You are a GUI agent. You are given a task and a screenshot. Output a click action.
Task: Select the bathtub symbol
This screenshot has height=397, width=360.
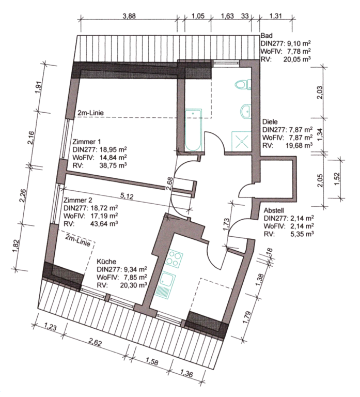point(193,130)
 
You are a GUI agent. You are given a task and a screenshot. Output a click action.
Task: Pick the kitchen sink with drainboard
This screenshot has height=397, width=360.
point(165,284)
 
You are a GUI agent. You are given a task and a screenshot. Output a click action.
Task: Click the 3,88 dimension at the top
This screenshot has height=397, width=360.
point(129,16)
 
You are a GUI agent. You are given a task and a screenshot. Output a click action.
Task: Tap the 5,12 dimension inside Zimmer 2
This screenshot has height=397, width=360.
point(127,196)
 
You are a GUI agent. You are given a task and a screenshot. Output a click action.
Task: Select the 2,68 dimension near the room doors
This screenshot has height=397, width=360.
point(169,184)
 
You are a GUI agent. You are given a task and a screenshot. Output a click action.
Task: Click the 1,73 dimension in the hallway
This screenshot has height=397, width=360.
point(226,224)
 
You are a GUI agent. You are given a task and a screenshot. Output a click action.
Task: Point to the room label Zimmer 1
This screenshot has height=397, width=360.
point(87,141)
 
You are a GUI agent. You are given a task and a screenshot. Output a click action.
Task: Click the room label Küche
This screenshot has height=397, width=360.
point(106,262)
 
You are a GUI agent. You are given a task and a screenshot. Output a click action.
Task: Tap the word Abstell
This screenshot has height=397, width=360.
point(274,210)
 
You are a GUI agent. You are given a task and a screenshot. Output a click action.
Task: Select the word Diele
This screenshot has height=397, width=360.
point(270,122)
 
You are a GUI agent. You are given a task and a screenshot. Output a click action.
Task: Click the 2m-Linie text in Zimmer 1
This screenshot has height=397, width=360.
point(90,113)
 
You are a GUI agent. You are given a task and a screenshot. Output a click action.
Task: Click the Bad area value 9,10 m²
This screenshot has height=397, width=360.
point(299,43)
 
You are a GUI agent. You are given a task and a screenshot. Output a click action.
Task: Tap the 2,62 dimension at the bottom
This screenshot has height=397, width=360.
point(95,343)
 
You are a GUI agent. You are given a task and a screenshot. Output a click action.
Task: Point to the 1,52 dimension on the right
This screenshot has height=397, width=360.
point(337,179)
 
